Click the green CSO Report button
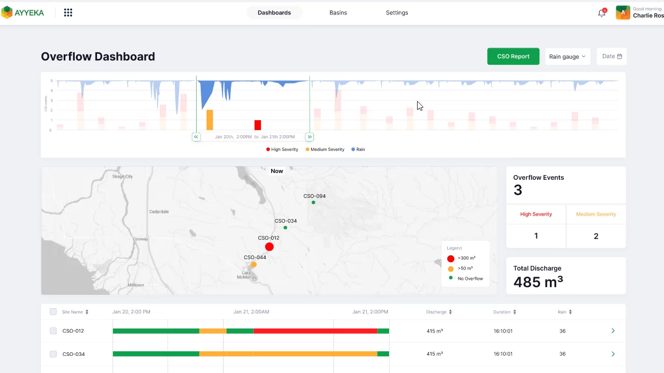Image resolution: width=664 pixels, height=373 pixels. (513, 56)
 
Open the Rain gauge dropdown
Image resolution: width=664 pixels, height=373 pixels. (568, 56)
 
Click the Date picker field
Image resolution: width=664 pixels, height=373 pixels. (612, 56)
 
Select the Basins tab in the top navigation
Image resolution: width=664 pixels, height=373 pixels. (338, 12)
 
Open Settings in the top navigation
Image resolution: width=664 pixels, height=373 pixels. (397, 12)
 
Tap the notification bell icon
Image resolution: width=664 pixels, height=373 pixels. (602, 13)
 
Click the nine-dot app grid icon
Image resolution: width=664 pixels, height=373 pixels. (68, 12)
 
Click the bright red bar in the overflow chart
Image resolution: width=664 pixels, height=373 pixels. (258, 125)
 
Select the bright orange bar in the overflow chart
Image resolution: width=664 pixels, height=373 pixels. (210, 120)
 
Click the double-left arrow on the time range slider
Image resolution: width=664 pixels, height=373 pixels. (196, 137)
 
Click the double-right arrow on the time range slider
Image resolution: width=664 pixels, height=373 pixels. (310, 137)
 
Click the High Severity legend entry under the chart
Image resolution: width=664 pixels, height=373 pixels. (282, 149)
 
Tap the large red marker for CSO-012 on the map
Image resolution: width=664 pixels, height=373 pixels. (269, 247)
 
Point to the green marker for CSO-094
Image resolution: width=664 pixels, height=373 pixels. (313, 202)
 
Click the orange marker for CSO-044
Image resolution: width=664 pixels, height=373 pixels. (254, 264)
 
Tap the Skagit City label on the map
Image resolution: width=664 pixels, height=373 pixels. (123, 177)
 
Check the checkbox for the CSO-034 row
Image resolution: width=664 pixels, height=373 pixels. (53, 354)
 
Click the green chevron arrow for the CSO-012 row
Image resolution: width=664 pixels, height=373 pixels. (613, 331)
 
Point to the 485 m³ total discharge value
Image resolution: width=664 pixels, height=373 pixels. (538, 282)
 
